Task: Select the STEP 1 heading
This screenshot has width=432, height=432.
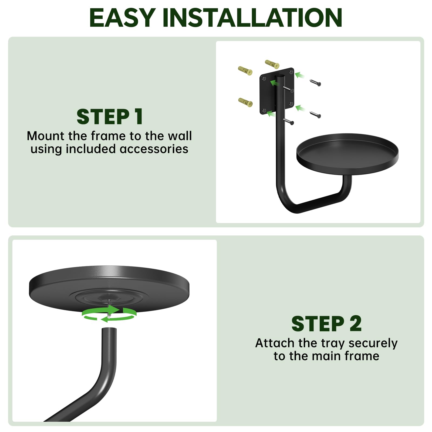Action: coord(110,117)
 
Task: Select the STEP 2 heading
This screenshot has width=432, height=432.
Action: coord(326,323)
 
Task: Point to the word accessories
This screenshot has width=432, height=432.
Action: coord(154,149)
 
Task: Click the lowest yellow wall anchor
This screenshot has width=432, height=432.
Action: coord(245,102)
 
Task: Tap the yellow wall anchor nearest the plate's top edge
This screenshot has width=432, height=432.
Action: coord(272,64)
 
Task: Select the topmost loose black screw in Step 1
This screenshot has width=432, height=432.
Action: coord(315,83)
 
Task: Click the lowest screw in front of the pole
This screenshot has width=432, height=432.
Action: coord(288,122)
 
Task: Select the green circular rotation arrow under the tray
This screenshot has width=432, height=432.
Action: coord(109,315)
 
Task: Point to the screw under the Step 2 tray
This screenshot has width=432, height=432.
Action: coord(110,309)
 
